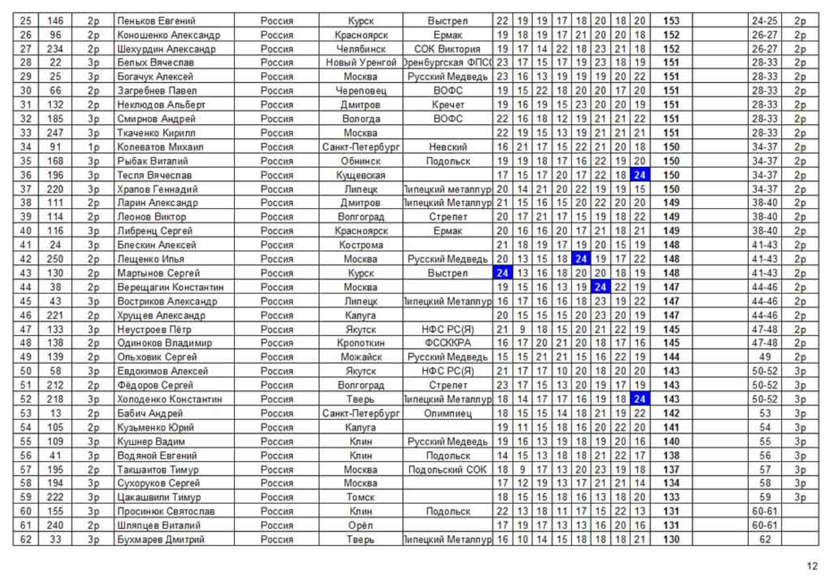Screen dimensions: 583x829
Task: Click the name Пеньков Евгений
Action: click(x=156, y=21)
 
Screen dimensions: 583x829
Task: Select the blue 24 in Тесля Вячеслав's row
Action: click(x=640, y=175)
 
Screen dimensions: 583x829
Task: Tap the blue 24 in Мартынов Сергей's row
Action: click(x=502, y=273)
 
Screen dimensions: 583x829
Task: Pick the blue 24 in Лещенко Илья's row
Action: click(x=582, y=259)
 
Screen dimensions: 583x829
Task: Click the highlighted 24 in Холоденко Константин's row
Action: click(x=640, y=399)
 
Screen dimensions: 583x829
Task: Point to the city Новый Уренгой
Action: click(x=361, y=63)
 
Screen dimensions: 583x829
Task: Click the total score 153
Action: click(x=671, y=21)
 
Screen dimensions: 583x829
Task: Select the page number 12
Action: click(x=812, y=566)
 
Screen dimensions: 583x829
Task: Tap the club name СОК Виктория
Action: click(x=448, y=49)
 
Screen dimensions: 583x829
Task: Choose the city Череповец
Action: click(x=361, y=91)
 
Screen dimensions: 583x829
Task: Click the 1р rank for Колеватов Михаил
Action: click(x=93, y=147)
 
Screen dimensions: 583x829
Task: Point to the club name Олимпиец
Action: click(x=448, y=413)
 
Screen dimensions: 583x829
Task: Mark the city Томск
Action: click(x=361, y=497)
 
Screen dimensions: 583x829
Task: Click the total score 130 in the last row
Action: click(x=671, y=539)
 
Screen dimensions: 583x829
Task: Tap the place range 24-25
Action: click(x=764, y=21)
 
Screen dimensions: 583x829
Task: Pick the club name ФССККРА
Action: click(x=448, y=343)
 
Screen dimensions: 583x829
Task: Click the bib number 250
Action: click(x=55, y=259)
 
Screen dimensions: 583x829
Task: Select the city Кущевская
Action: click(x=361, y=175)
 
